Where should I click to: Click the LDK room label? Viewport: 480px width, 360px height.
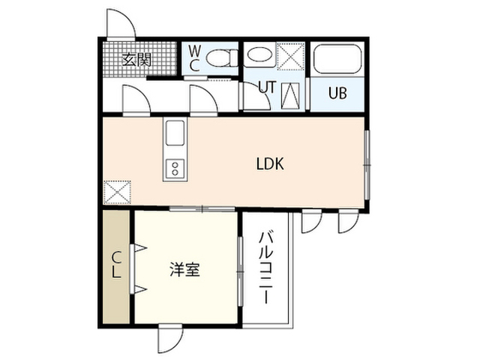coord(270,163)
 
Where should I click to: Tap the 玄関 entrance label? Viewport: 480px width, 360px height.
coord(136,60)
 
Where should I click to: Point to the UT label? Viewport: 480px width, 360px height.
coord(267,87)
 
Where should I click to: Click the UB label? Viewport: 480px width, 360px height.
coord(337,93)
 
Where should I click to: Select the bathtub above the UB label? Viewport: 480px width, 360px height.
coord(337,59)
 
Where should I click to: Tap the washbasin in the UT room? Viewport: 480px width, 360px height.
coord(259,56)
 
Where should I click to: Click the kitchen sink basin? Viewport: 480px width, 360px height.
coord(175,133)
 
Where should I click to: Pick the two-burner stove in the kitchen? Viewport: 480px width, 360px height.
coord(175,169)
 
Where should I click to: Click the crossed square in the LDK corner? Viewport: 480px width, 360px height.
coord(118,192)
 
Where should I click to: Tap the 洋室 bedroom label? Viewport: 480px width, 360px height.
coord(184,269)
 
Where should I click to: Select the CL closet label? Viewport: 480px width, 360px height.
coord(115,265)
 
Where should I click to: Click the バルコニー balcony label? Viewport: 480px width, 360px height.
coord(265,268)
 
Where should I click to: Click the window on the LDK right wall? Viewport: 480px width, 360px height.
coord(367,166)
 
